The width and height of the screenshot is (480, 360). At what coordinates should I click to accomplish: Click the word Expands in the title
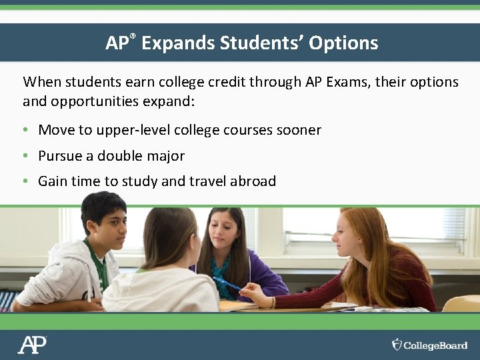pos(178,43)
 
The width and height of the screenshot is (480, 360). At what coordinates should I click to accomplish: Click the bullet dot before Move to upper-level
pos(25,130)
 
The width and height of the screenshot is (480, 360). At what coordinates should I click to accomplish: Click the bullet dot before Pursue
pos(25,156)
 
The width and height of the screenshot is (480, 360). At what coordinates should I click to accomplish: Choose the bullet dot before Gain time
pos(25,181)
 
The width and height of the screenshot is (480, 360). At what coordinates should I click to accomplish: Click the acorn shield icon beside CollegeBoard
pos(397,345)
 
